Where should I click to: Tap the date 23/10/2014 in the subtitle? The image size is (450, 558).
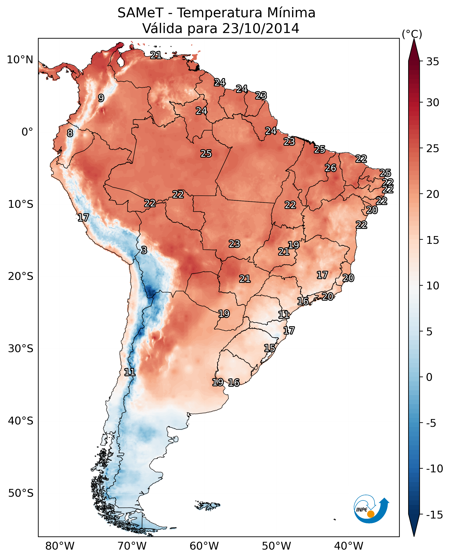pyautogui.click(x=261, y=28)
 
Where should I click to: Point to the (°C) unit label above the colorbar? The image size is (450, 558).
pyautogui.click(x=412, y=34)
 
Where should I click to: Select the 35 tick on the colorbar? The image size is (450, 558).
pyautogui.click(x=433, y=62)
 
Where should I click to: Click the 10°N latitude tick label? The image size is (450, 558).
pyautogui.click(x=20, y=60)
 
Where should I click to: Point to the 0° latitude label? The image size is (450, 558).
pyautogui.click(x=27, y=132)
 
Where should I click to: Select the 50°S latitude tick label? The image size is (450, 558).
pyautogui.click(x=21, y=493)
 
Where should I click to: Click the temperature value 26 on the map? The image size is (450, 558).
pyautogui.click(x=330, y=168)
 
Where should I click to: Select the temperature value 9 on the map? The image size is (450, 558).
pyautogui.click(x=101, y=98)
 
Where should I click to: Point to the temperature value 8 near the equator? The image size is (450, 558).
pyautogui.click(x=70, y=133)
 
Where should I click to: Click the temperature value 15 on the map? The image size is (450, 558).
pyautogui.click(x=270, y=348)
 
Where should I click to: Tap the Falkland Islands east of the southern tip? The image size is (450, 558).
pyautogui.click(x=207, y=505)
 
